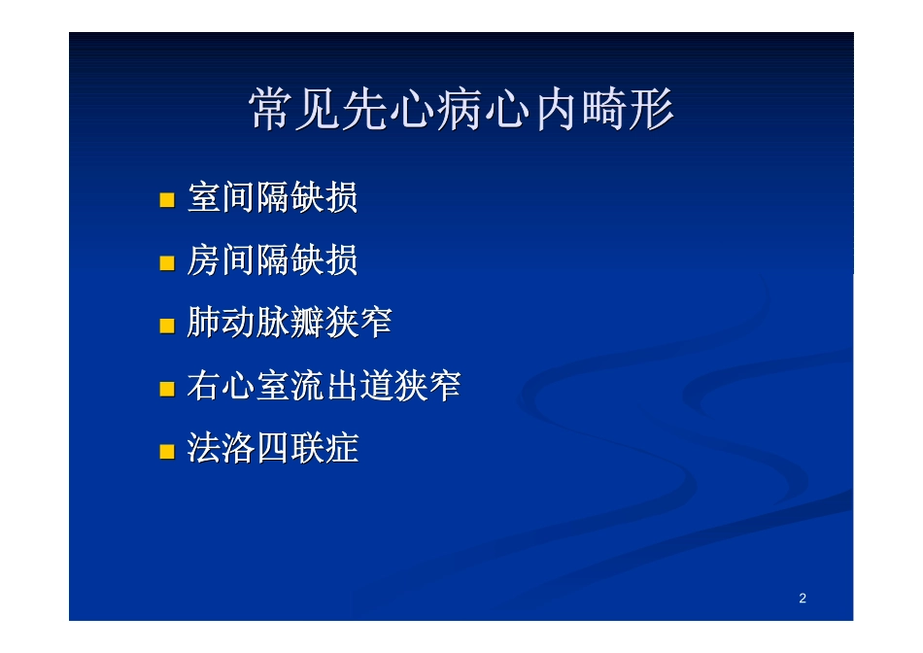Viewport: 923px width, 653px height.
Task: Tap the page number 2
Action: (x=803, y=598)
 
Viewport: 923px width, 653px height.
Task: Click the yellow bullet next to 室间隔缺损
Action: (x=167, y=200)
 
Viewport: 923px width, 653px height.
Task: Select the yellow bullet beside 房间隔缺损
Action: (x=167, y=262)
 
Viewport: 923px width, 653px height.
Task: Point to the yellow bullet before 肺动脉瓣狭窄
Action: (x=167, y=326)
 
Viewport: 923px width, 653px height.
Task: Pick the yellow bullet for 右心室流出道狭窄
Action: (x=167, y=389)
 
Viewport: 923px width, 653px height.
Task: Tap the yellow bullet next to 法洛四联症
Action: (x=167, y=451)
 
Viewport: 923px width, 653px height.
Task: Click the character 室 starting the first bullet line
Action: (x=204, y=198)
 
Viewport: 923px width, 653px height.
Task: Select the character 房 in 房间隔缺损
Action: (x=204, y=260)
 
